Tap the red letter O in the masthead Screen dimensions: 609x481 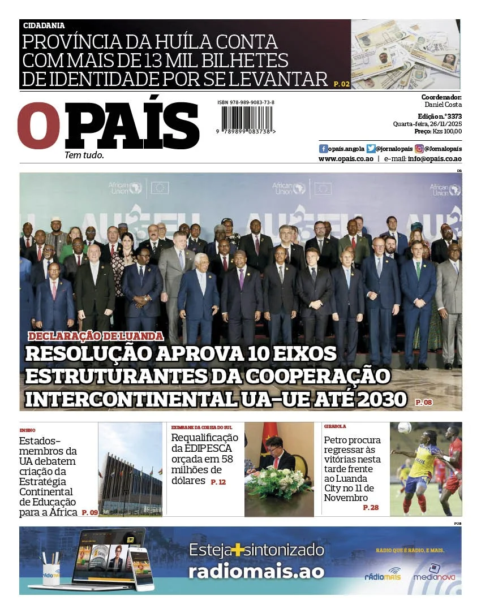click(x=38, y=126)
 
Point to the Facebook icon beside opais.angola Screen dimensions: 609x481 click(x=323, y=149)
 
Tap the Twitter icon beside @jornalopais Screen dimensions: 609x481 click(x=371, y=149)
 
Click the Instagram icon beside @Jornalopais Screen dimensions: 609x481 click(x=419, y=149)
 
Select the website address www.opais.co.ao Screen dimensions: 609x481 click(x=346, y=159)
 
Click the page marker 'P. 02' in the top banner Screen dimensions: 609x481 click(x=342, y=84)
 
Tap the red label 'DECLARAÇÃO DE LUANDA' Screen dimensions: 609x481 click(x=96, y=336)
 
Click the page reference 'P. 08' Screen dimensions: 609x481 click(x=423, y=402)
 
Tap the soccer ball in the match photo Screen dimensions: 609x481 click(x=404, y=428)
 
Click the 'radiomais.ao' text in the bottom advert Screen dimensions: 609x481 click(x=256, y=571)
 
